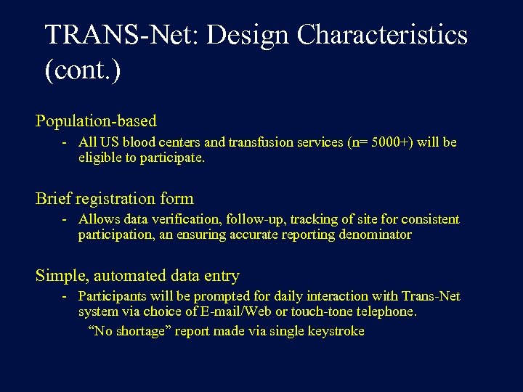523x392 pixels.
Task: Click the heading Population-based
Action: [x=96, y=121]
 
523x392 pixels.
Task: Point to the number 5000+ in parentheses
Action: [x=390, y=142]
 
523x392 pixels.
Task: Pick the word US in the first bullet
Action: [x=108, y=142]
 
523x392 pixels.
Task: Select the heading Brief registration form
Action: [x=114, y=198]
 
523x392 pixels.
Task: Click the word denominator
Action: [x=375, y=234]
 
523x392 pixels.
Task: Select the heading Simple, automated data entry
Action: [x=137, y=276]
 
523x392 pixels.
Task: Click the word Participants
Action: [x=111, y=296]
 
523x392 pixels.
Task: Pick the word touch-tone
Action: [x=324, y=311]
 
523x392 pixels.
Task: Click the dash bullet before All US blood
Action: [x=65, y=142]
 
